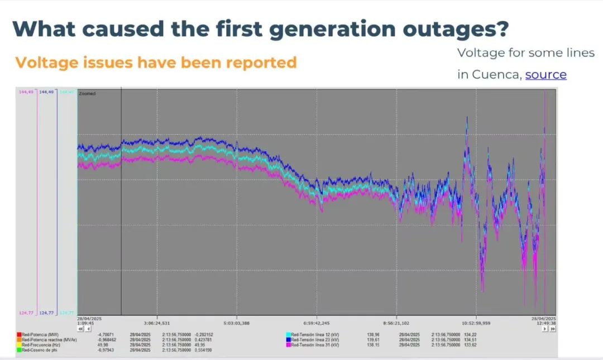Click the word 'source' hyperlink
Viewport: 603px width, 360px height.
pos(545,74)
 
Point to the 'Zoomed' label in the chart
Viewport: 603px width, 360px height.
pos(87,94)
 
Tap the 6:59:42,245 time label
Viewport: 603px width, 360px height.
pos(317,323)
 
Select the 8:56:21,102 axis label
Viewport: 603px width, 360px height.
pos(396,323)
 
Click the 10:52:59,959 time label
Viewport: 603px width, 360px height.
pos(476,323)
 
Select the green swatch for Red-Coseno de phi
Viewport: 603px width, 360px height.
pos(19,351)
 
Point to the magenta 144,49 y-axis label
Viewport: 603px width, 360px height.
pos(26,92)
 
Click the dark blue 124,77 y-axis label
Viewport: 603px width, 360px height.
pos(47,313)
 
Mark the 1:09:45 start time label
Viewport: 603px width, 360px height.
pos(85,323)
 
